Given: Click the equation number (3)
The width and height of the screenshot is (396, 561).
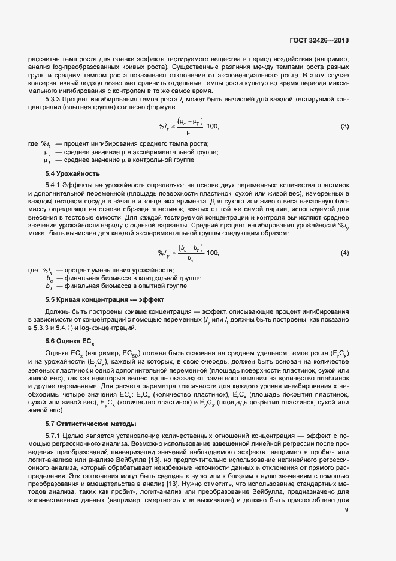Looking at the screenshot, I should coord(344,143).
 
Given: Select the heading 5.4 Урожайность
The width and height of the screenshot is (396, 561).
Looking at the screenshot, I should coord(70,174).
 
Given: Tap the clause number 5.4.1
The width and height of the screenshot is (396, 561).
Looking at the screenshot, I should coord(55,185).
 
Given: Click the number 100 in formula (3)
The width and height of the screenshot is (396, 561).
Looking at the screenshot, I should coord(213,143).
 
